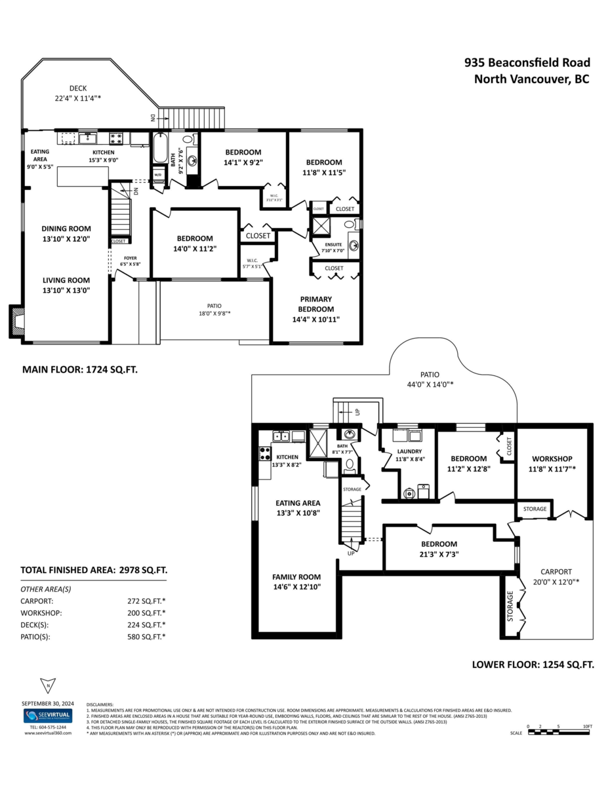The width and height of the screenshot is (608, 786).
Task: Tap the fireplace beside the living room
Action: coord(18,321)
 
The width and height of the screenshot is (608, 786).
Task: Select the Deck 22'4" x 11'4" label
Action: coord(78,93)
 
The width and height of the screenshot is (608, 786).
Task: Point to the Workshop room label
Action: coord(552,463)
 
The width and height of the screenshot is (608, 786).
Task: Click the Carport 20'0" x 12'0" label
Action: coord(556,576)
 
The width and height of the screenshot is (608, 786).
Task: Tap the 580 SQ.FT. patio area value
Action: coord(146,636)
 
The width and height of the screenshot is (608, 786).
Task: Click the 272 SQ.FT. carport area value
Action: coord(146,600)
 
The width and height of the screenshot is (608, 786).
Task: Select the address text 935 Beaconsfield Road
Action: coord(527,63)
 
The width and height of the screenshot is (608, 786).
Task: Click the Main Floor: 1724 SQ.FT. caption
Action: coord(80,369)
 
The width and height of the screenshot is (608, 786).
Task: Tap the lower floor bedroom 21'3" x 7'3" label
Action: coord(439,549)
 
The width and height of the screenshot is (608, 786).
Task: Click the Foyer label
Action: coord(130,261)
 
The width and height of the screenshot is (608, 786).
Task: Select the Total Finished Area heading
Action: coord(94,570)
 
